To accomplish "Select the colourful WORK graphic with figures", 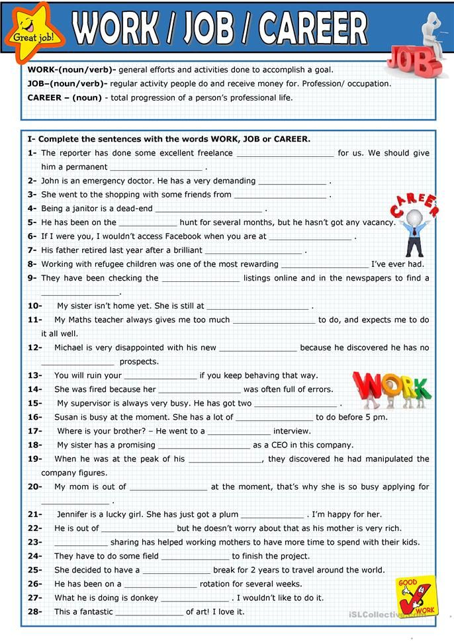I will [391, 389].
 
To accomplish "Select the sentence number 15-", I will [35, 403].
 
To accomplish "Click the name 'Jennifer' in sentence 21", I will [76, 514].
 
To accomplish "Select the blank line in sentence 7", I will [253, 251].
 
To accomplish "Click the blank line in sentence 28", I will [149, 612].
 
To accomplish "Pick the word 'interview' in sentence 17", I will [292, 431].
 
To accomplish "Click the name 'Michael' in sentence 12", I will [71, 347].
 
